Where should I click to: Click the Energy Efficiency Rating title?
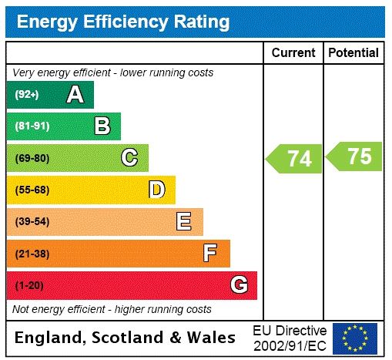tap(122, 22)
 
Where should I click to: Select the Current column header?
tap(293, 53)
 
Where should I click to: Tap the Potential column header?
tap(353, 53)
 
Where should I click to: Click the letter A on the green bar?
tap(75, 95)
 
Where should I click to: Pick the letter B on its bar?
tap(102, 126)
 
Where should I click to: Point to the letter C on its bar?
tap(129, 158)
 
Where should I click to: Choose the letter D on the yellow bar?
tap(156, 190)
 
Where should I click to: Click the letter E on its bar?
tap(184, 222)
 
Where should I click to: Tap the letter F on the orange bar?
tap(210, 253)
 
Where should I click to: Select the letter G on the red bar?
tap(239, 285)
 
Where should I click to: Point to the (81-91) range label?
tap(32, 126)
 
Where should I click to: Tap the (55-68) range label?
tap(32, 190)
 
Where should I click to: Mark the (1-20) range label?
tap(29, 285)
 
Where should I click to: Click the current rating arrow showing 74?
tap(295, 158)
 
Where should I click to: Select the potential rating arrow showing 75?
tap(355, 156)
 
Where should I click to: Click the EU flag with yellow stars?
tap(355, 338)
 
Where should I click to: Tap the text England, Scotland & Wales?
tap(126, 338)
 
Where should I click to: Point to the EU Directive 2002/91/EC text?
tap(290, 338)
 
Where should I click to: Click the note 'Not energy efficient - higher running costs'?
tap(112, 309)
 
